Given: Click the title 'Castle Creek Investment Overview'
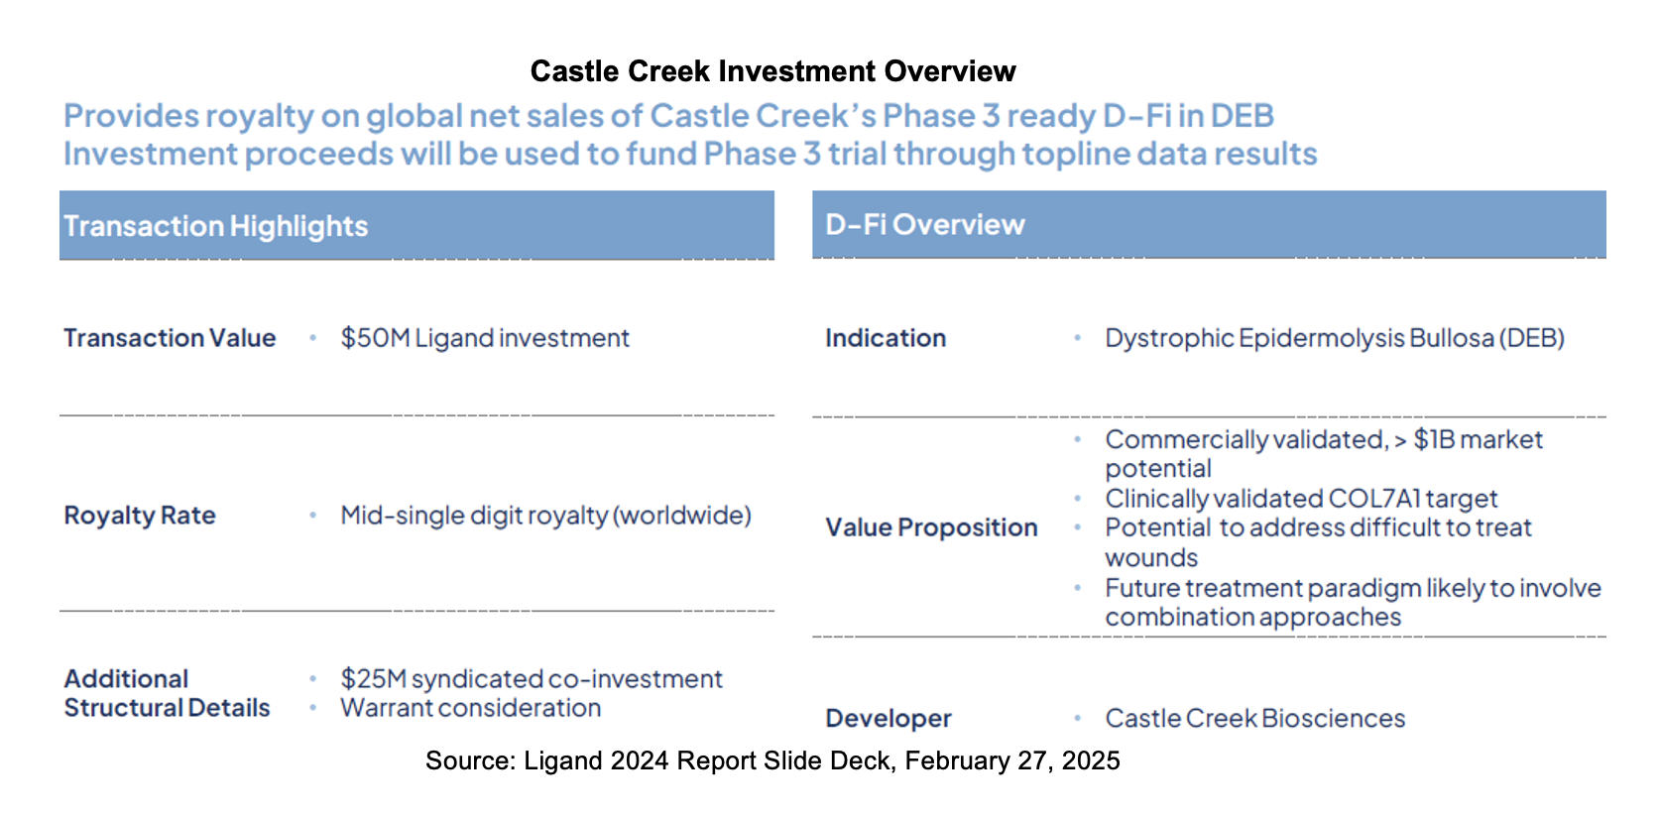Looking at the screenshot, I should coord(772,71).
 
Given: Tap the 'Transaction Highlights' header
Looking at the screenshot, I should coord(215,226).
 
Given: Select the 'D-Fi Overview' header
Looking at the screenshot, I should coord(924,225).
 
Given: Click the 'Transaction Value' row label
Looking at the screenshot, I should coord(170,338).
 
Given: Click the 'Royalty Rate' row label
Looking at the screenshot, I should coord(140,516).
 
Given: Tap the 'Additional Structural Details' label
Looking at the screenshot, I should coord(167,693).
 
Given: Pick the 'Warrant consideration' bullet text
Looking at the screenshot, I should coord(470,708).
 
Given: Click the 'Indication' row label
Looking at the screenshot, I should coord(886,338).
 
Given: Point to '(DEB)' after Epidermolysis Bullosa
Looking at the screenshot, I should coord(1531,338).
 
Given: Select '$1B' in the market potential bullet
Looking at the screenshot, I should coord(1433,439).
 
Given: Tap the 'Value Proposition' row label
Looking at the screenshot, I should coord(931,527).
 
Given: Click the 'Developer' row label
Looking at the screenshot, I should coord(888,718).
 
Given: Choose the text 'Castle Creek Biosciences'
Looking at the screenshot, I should coord(1254,718).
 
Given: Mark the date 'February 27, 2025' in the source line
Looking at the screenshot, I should coord(1011,760).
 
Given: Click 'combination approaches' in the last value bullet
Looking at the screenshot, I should coord(1252,617).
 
